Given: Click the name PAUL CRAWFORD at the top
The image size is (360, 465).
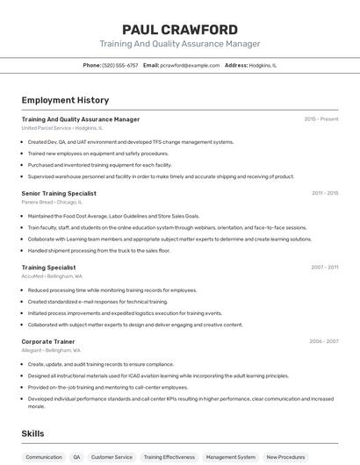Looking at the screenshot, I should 179,29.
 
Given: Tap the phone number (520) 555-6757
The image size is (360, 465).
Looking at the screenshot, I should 120,65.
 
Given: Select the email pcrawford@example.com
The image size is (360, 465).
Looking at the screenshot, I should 190,65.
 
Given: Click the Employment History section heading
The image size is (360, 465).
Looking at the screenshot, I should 65,100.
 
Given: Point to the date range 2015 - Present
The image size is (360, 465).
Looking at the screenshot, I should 321,118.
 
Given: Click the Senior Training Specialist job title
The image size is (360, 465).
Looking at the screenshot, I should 59,193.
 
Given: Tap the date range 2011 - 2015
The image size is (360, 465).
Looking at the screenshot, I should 325,193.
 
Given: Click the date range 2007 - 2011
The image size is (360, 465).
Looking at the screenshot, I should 325,267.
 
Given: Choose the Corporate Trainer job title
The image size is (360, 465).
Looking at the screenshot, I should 48,341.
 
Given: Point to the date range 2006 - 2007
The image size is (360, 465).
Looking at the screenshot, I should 324,341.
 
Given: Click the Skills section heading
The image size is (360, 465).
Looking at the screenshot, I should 32,433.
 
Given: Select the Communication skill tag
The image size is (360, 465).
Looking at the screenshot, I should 44,457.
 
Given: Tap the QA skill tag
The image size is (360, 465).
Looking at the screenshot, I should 76,457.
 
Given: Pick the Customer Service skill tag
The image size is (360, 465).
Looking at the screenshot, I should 112,457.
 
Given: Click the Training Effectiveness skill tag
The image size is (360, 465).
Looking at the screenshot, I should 169,457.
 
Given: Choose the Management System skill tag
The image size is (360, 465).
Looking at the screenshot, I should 231,457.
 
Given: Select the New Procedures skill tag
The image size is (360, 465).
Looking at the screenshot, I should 285,457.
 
